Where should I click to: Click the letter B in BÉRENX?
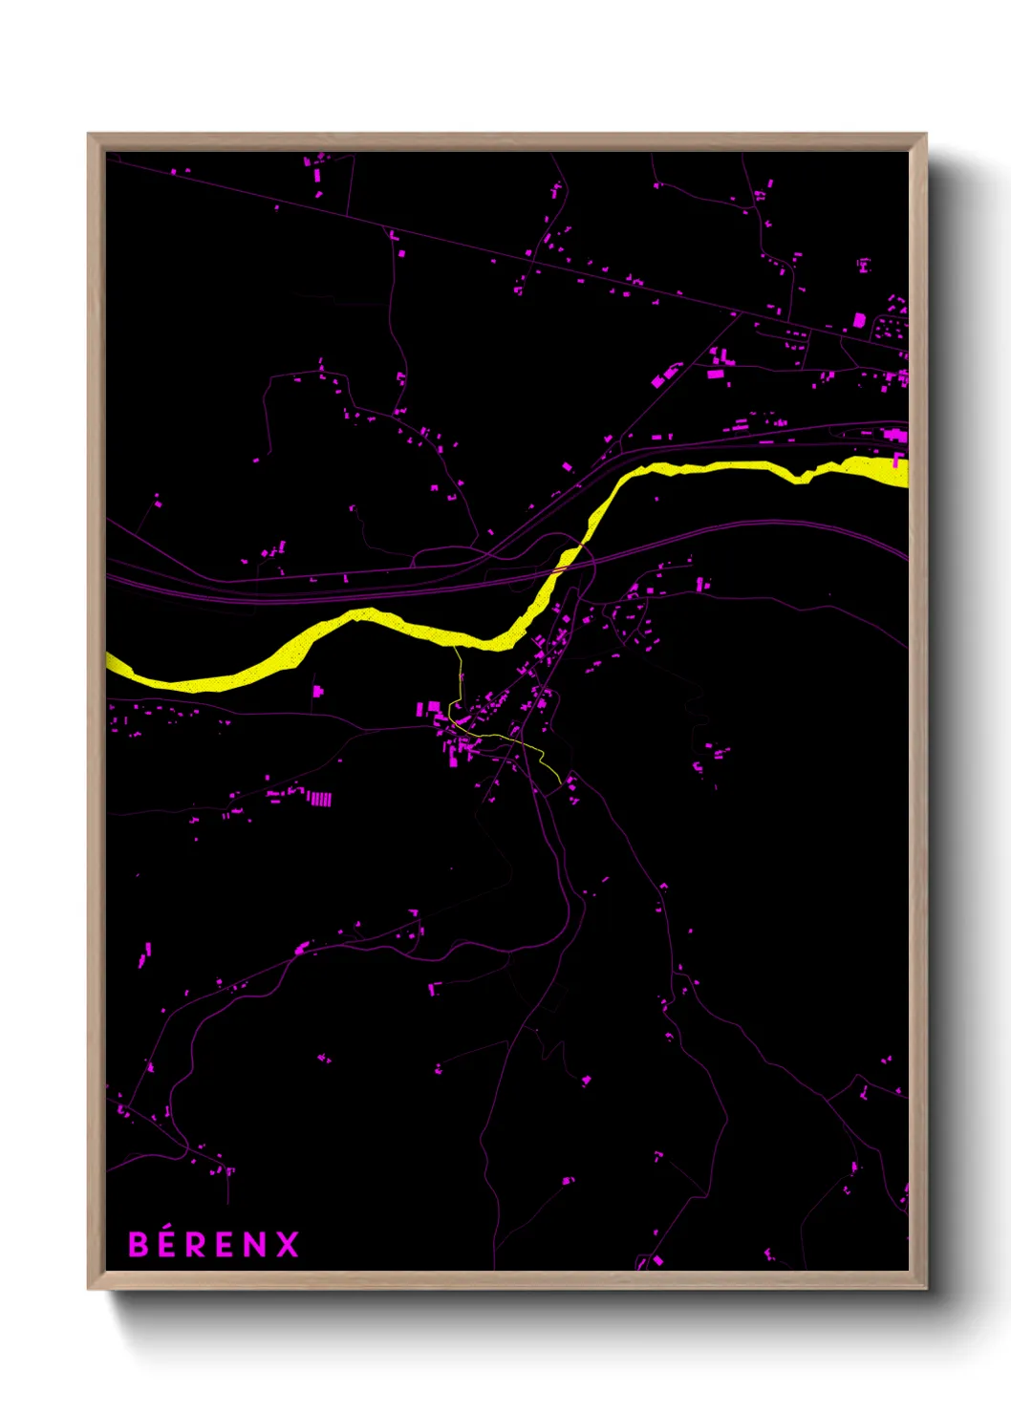[x=140, y=1245]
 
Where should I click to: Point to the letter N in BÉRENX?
[x=255, y=1245]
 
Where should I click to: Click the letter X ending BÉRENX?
[x=288, y=1245]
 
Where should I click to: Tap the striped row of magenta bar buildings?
[x=319, y=799]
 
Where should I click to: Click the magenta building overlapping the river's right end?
[x=897, y=461]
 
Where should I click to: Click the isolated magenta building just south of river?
[x=318, y=690]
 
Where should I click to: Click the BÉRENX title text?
[x=214, y=1245]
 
